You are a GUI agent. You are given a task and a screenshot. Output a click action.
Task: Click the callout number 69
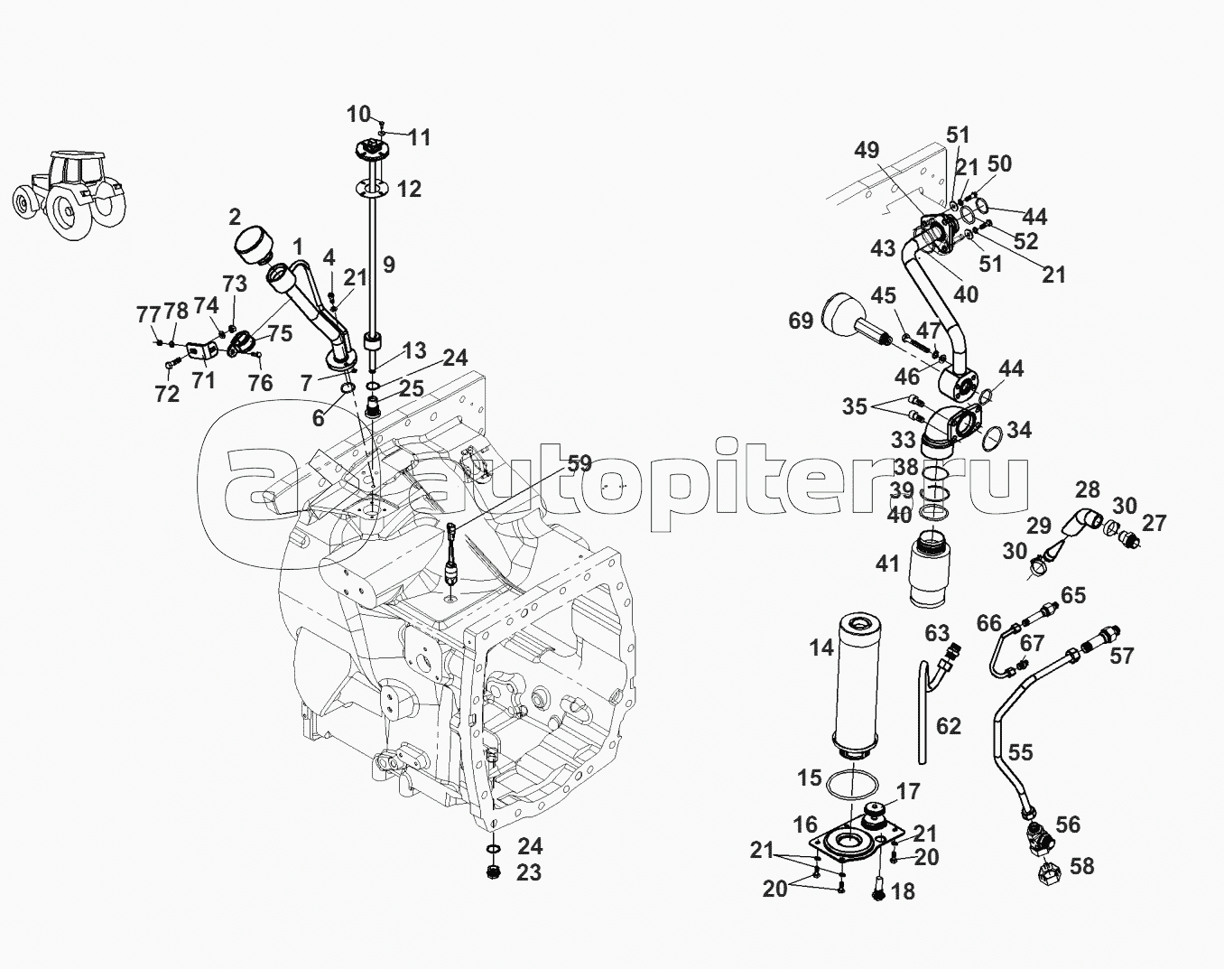click(801, 321)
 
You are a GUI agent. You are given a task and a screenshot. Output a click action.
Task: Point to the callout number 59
click(579, 464)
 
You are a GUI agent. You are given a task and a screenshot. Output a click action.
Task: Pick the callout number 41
click(888, 564)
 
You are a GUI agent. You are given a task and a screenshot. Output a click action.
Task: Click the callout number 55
click(1020, 752)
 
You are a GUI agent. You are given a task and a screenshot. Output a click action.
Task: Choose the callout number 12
click(409, 189)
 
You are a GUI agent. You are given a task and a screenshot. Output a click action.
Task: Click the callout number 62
click(949, 726)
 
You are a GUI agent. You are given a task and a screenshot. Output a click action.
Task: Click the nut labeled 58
click(1049, 871)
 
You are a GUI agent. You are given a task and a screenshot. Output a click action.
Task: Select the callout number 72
click(167, 394)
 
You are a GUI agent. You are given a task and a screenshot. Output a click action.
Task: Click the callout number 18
click(902, 891)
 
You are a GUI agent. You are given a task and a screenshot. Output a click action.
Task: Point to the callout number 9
click(388, 265)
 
